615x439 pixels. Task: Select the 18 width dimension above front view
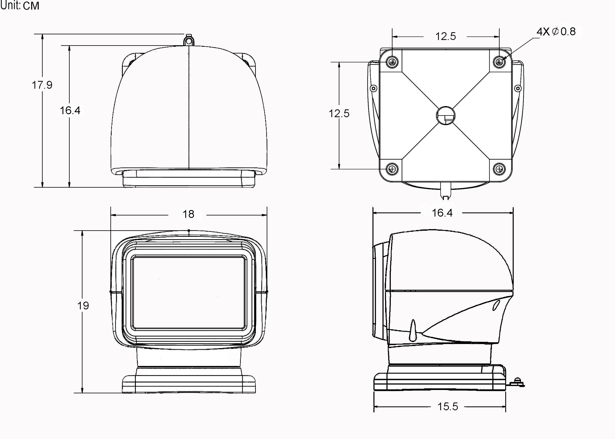(x=188, y=214)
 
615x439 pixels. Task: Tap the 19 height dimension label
(x=83, y=306)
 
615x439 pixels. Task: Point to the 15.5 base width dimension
(x=448, y=407)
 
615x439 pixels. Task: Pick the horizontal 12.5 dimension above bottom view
(x=445, y=36)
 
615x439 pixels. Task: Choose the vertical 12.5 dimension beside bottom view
(x=339, y=114)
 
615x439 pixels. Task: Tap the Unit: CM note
(x=20, y=5)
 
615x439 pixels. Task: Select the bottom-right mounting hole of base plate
(x=499, y=169)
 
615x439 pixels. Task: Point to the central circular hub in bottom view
(x=446, y=115)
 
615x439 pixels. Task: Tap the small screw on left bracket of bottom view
(x=373, y=88)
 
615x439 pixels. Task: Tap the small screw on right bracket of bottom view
(x=518, y=88)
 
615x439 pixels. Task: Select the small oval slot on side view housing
(x=496, y=306)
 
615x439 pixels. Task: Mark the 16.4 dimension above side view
(x=442, y=213)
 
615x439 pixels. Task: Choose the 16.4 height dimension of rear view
(x=70, y=110)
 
